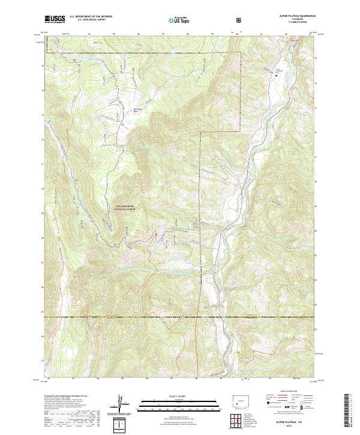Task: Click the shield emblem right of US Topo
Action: tap(239, 19)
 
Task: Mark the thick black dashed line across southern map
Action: tap(180, 316)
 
